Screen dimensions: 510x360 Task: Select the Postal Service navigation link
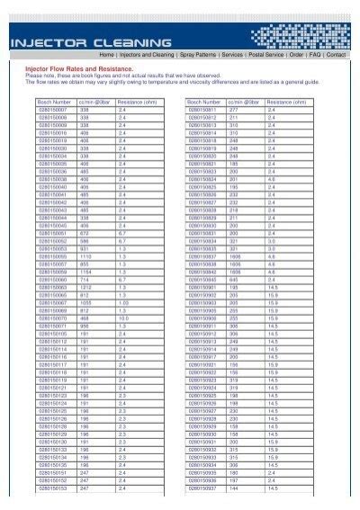[263, 54]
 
